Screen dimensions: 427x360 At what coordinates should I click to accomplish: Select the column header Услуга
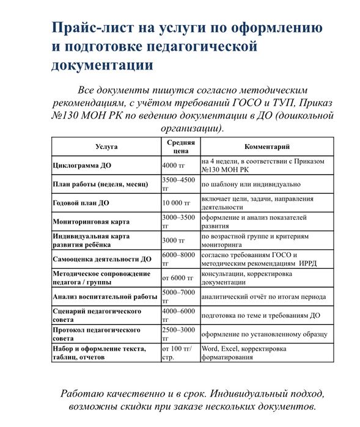pyautogui.click(x=106, y=147)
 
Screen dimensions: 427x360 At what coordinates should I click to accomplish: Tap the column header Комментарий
pyautogui.click(x=266, y=147)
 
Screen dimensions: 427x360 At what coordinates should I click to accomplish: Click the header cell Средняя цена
pyautogui.click(x=180, y=147)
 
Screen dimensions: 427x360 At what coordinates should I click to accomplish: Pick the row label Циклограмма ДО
pyautogui.click(x=82, y=166)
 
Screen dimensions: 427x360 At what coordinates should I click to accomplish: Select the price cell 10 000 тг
pyautogui.click(x=177, y=203)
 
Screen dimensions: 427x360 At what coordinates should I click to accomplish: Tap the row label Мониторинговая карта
pyautogui.click(x=90, y=222)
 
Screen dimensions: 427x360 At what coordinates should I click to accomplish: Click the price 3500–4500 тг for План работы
pyautogui.click(x=179, y=184)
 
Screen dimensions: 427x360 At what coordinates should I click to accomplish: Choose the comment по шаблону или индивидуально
pyautogui.click(x=251, y=184)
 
